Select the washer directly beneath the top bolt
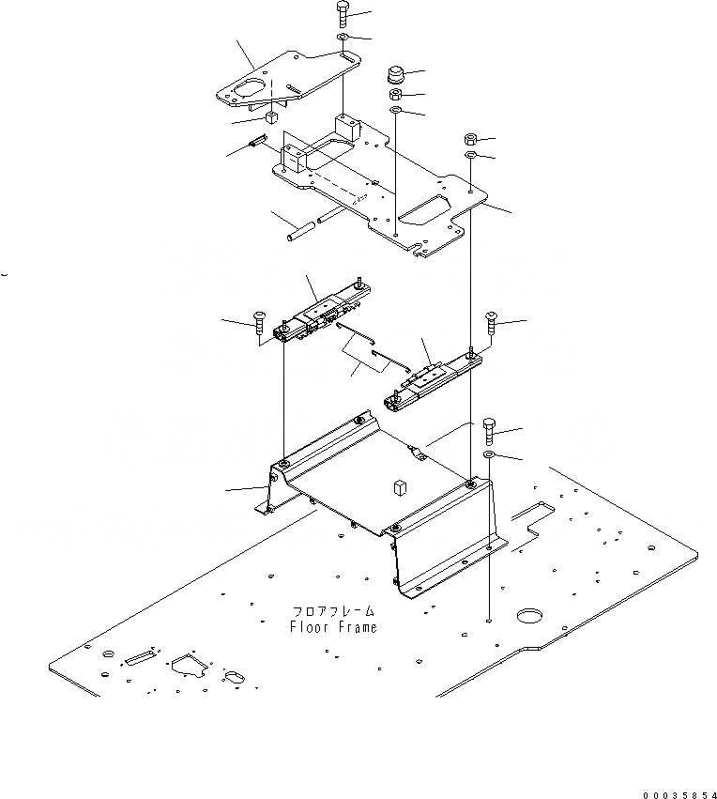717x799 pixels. click(x=343, y=38)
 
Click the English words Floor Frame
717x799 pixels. click(x=334, y=627)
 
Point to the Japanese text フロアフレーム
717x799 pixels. click(x=334, y=611)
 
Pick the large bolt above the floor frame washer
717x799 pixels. click(x=489, y=433)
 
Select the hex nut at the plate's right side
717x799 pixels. click(x=471, y=140)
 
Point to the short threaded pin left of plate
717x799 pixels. click(x=254, y=144)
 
